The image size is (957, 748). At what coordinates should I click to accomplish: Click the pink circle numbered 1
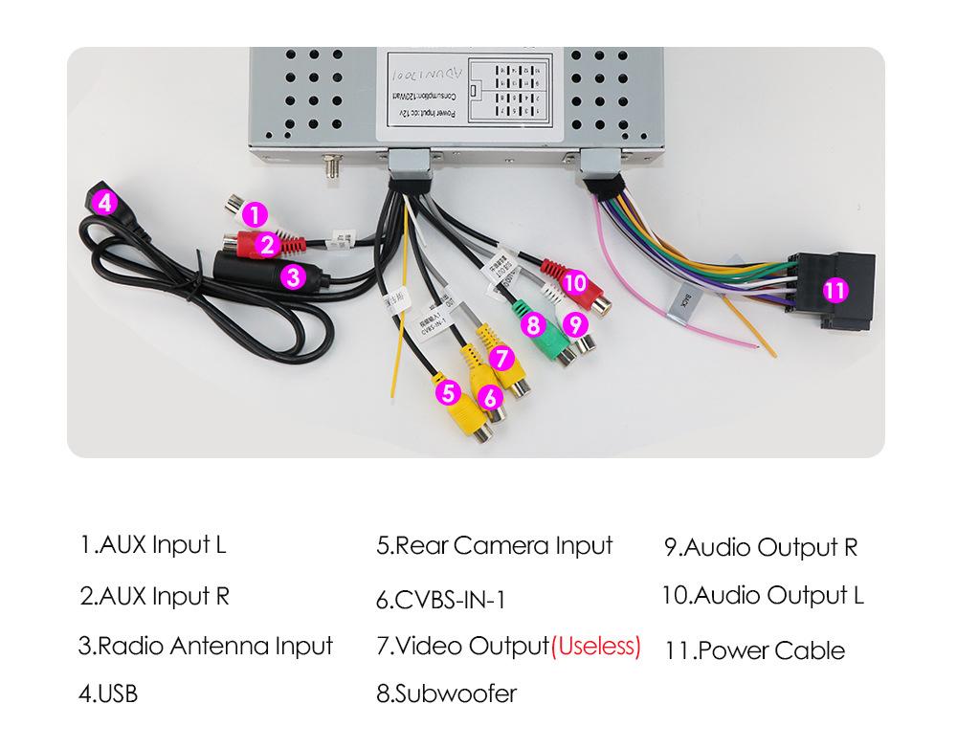pyautogui.click(x=255, y=215)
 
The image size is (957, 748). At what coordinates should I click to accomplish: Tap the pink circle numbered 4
pyautogui.click(x=106, y=202)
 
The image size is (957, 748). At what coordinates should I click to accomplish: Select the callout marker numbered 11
pyautogui.click(x=835, y=290)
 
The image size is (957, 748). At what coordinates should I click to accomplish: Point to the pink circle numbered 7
pyautogui.click(x=501, y=359)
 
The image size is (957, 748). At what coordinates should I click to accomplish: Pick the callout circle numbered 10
pyautogui.click(x=574, y=282)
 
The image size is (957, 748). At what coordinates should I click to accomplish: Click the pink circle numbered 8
pyautogui.click(x=534, y=324)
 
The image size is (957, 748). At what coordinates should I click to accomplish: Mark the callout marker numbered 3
pyautogui.click(x=294, y=278)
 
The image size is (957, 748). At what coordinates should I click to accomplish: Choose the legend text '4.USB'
pyautogui.click(x=108, y=693)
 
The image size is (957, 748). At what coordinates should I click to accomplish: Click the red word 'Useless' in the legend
pyautogui.click(x=596, y=646)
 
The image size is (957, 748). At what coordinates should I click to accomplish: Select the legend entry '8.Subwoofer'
pyautogui.click(x=447, y=693)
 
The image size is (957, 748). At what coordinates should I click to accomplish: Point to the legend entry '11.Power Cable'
pyautogui.click(x=755, y=651)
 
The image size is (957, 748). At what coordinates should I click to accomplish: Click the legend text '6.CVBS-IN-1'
pyautogui.click(x=441, y=601)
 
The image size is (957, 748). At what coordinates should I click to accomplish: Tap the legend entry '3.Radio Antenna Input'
pyautogui.click(x=206, y=646)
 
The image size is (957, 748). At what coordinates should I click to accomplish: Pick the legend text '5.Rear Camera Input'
pyautogui.click(x=494, y=546)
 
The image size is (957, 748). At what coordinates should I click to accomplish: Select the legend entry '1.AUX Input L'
pyautogui.click(x=153, y=545)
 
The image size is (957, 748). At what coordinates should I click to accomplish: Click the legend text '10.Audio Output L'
pyautogui.click(x=763, y=596)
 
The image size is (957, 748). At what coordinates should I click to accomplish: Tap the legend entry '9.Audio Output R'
pyautogui.click(x=761, y=548)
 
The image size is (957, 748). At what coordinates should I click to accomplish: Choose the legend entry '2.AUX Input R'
pyautogui.click(x=154, y=597)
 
